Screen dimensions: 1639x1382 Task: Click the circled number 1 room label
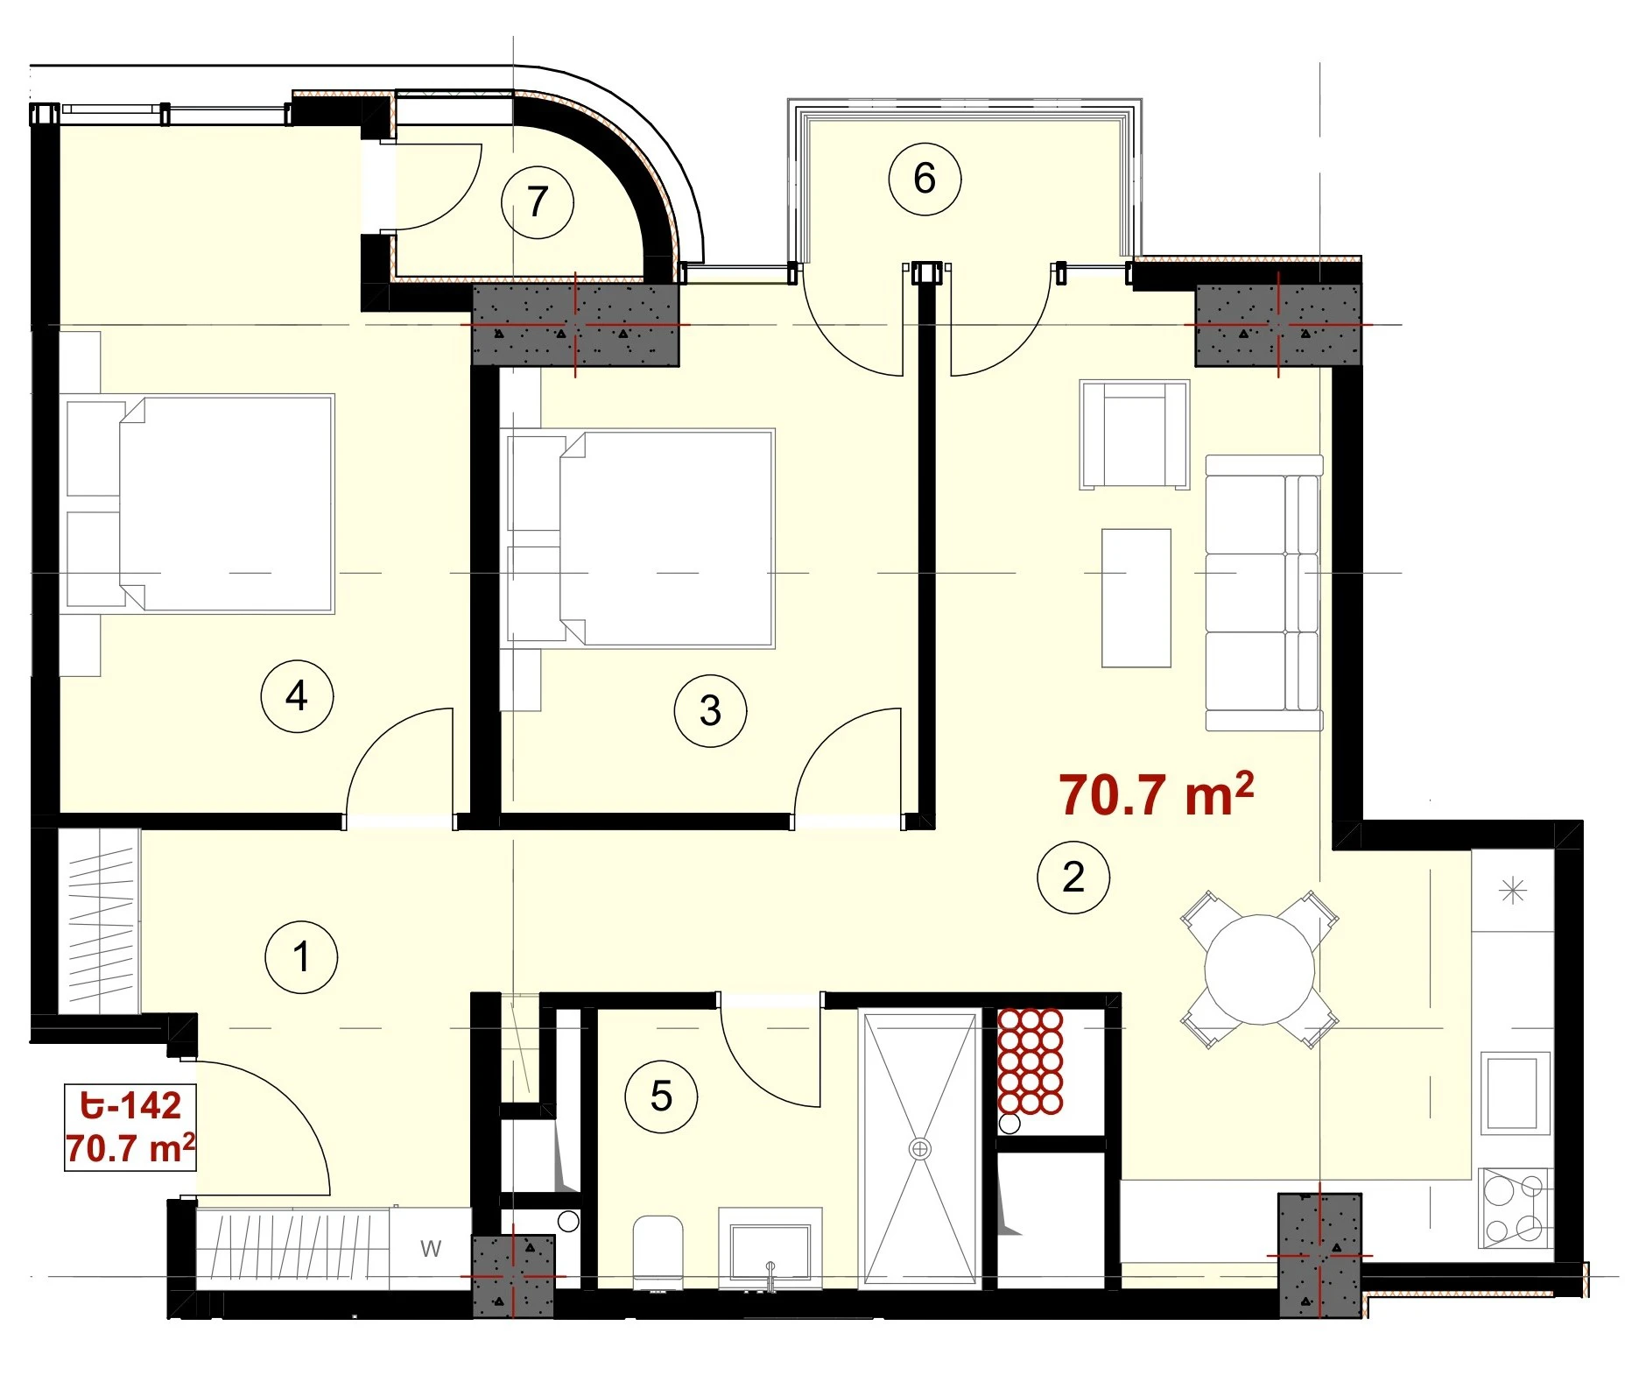[301, 956]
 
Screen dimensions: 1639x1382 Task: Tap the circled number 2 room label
[1073, 877]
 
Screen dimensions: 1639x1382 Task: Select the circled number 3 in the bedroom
[710, 710]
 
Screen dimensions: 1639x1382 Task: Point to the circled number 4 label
[297, 696]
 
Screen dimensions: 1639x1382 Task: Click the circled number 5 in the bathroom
[662, 1096]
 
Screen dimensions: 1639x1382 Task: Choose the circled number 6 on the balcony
[925, 179]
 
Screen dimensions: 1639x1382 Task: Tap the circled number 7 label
[538, 202]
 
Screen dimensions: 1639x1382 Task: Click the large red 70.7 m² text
[1156, 793]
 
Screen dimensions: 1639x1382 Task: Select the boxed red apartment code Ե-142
[130, 1106]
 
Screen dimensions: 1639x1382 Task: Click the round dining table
[1259, 970]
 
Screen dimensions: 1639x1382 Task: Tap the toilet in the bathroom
[658, 1252]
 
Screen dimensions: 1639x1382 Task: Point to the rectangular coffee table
[1136, 598]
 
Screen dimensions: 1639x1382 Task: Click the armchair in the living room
[1135, 434]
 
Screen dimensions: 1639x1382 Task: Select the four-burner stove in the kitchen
[1515, 1208]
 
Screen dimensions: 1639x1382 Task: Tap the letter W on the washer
[431, 1249]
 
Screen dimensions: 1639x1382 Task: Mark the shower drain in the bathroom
[920, 1148]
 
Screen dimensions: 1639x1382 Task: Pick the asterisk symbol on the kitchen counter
[1513, 892]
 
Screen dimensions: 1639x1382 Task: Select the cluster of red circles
[1031, 1061]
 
